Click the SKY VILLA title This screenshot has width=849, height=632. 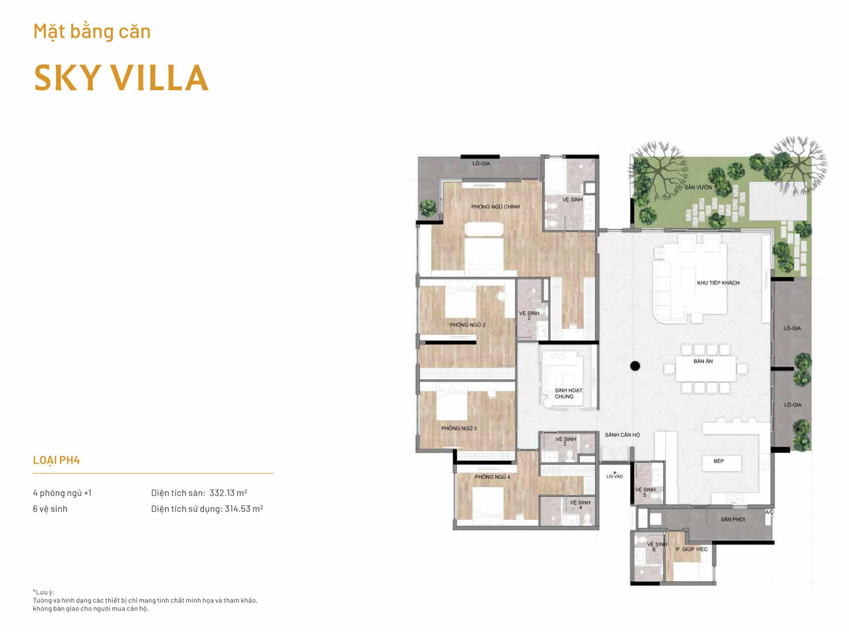[x=121, y=78]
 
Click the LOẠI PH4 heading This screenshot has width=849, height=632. [x=56, y=460]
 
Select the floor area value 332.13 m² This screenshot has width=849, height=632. [x=228, y=493]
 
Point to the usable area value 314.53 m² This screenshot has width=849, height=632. [x=244, y=509]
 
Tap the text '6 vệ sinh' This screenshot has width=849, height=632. [x=50, y=509]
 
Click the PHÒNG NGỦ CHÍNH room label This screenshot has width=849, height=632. [x=495, y=207]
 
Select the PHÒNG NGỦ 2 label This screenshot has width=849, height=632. [x=467, y=325]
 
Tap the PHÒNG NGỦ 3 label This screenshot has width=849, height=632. [x=459, y=428]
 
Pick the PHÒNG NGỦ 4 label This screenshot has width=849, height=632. [x=493, y=477]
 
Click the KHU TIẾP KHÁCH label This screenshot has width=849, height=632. [x=718, y=283]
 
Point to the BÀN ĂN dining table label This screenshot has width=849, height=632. [x=703, y=361]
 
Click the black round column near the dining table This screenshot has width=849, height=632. [x=635, y=366]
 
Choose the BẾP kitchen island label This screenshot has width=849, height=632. [x=719, y=461]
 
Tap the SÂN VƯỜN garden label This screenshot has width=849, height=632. [x=698, y=187]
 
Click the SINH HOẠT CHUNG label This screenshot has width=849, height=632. [x=568, y=393]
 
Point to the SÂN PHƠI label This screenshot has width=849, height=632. [x=733, y=519]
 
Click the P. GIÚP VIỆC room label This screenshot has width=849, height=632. [x=692, y=549]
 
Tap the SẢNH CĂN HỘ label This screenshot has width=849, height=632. [x=622, y=435]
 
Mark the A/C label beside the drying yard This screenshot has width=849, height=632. [x=769, y=512]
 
